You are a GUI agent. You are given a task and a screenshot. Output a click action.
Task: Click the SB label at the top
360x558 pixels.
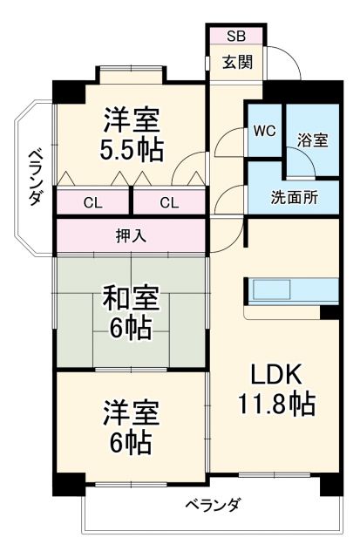pyautogui.click(x=236, y=36)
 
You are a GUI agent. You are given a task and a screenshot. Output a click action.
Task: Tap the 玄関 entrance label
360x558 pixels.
pyautogui.click(x=235, y=63)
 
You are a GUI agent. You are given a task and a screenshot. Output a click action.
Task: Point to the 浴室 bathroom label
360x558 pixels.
pyautogui.click(x=312, y=139)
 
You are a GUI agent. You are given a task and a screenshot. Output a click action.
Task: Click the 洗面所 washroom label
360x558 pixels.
pyautogui.click(x=293, y=197)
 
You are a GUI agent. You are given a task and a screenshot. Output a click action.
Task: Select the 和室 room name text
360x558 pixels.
pyautogui.click(x=132, y=299)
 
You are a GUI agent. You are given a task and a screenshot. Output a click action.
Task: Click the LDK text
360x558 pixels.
pyautogui.click(x=276, y=375)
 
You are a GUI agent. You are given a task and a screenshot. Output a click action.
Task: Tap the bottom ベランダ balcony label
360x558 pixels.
pyautogui.click(x=213, y=505)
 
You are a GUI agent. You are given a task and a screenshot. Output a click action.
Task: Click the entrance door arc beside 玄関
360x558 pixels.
pyautogui.click(x=280, y=63)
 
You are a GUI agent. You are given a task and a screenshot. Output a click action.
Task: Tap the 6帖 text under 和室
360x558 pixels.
pyautogui.click(x=132, y=329)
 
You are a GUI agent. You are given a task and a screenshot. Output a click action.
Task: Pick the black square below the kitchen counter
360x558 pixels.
pyautogui.click(x=329, y=312)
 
